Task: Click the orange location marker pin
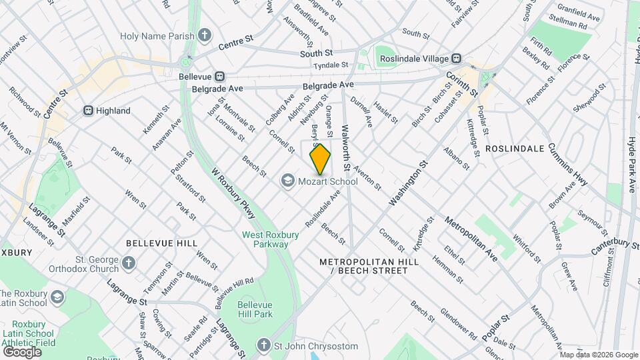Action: tap(320, 159)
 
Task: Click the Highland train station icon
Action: tap(88, 111)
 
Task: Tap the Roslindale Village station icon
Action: tap(457, 59)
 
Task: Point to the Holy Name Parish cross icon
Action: tap(205, 35)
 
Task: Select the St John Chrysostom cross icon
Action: tap(265, 346)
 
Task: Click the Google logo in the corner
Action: tap(21, 351)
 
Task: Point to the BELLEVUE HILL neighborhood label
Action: tap(152, 244)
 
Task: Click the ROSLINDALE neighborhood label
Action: tap(515, 147)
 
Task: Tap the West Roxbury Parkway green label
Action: tap(265, 239)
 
